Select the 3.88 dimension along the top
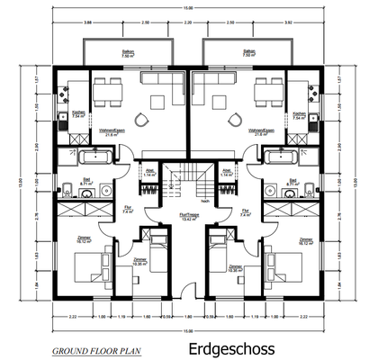tap(86, 19)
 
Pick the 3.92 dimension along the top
tap(289, 19)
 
